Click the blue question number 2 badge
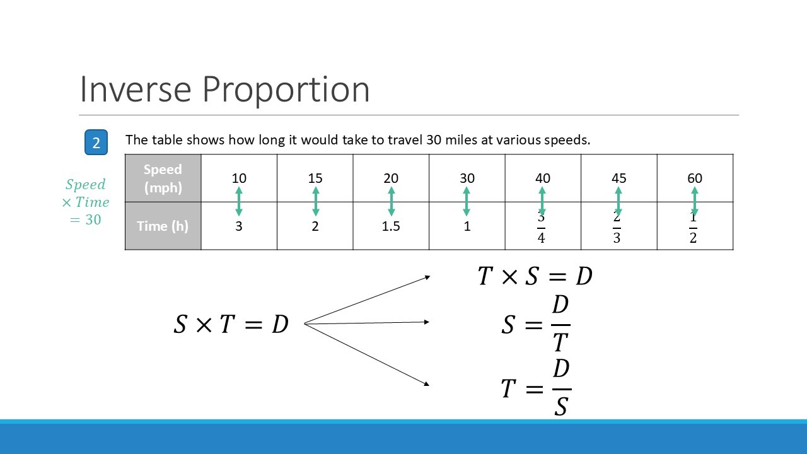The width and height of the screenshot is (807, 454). click(96, 143)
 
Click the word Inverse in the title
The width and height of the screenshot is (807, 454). click(136, 89)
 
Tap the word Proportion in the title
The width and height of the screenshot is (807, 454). click(286, 90)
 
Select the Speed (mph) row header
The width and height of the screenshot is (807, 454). click(163, 178)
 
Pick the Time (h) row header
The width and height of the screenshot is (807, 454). click(163, 226)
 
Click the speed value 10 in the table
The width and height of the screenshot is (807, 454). click(239, 178)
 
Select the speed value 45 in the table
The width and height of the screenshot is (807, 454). click(619, 178)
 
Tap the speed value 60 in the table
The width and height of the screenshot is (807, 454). click(695, 178)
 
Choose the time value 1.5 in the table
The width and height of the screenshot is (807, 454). click(391, 226)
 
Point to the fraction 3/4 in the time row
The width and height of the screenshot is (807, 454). click(541, 228)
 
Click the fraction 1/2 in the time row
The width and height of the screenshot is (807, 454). click(693, 228)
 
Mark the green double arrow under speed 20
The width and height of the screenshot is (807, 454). click(392, 202)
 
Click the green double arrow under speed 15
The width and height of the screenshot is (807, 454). click(316, 202)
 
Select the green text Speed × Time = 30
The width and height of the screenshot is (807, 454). click(85, 202)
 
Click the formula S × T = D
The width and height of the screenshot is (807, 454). click(231, 323)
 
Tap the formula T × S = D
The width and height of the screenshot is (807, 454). click(535, 276)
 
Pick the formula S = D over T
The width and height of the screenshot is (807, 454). click(536, 323)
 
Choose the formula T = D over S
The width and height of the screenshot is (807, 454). click(537, 388)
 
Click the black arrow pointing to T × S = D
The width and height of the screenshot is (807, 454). click(367, 300)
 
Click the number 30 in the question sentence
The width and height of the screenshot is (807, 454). click(434, 140)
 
